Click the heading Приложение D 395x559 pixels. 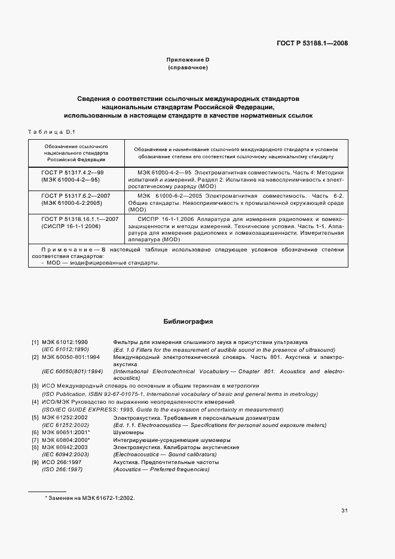[188, 60]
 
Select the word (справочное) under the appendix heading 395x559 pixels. [188, 67]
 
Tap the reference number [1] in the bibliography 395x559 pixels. [35, 342]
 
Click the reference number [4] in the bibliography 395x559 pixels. [35, 402]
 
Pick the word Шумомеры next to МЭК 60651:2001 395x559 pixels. [127, 432]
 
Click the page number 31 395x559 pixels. [344, 511]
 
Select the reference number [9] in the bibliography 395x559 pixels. [35, 462]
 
